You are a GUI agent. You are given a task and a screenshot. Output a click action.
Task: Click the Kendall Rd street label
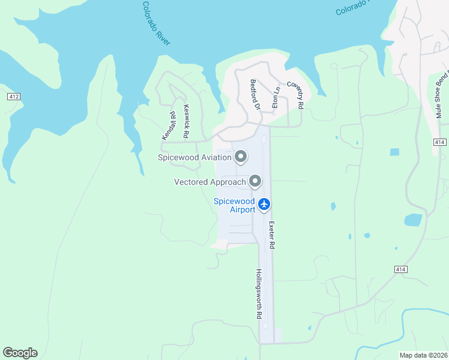click(168, 125)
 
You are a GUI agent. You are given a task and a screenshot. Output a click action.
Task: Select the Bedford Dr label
click(255, 95)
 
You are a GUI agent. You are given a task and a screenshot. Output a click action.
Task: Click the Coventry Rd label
click(295, 95)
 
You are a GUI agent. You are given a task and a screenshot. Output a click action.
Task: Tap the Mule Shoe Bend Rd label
click(442, 97)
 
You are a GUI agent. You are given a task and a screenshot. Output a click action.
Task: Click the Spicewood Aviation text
click(194, 158)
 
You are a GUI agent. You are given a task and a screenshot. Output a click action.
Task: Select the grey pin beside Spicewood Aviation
click(241, 157)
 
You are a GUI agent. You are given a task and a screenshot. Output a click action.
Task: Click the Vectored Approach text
click(209, 182)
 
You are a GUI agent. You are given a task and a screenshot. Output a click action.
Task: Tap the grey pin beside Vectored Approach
click(255, 181)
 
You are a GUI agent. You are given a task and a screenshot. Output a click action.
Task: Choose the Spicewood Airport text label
click(234, 205)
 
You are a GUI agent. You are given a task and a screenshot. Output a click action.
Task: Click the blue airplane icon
click(264, 205)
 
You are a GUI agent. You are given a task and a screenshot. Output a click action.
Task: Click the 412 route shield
click(14, 96)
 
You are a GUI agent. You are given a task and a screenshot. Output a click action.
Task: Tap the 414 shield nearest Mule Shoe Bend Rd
click(439, 142)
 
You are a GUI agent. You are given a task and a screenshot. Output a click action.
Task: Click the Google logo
click(20, 353)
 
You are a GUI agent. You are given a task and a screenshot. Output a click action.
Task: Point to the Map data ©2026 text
click(423, 355)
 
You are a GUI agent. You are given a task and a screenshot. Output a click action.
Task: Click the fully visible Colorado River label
click(156, 23)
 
